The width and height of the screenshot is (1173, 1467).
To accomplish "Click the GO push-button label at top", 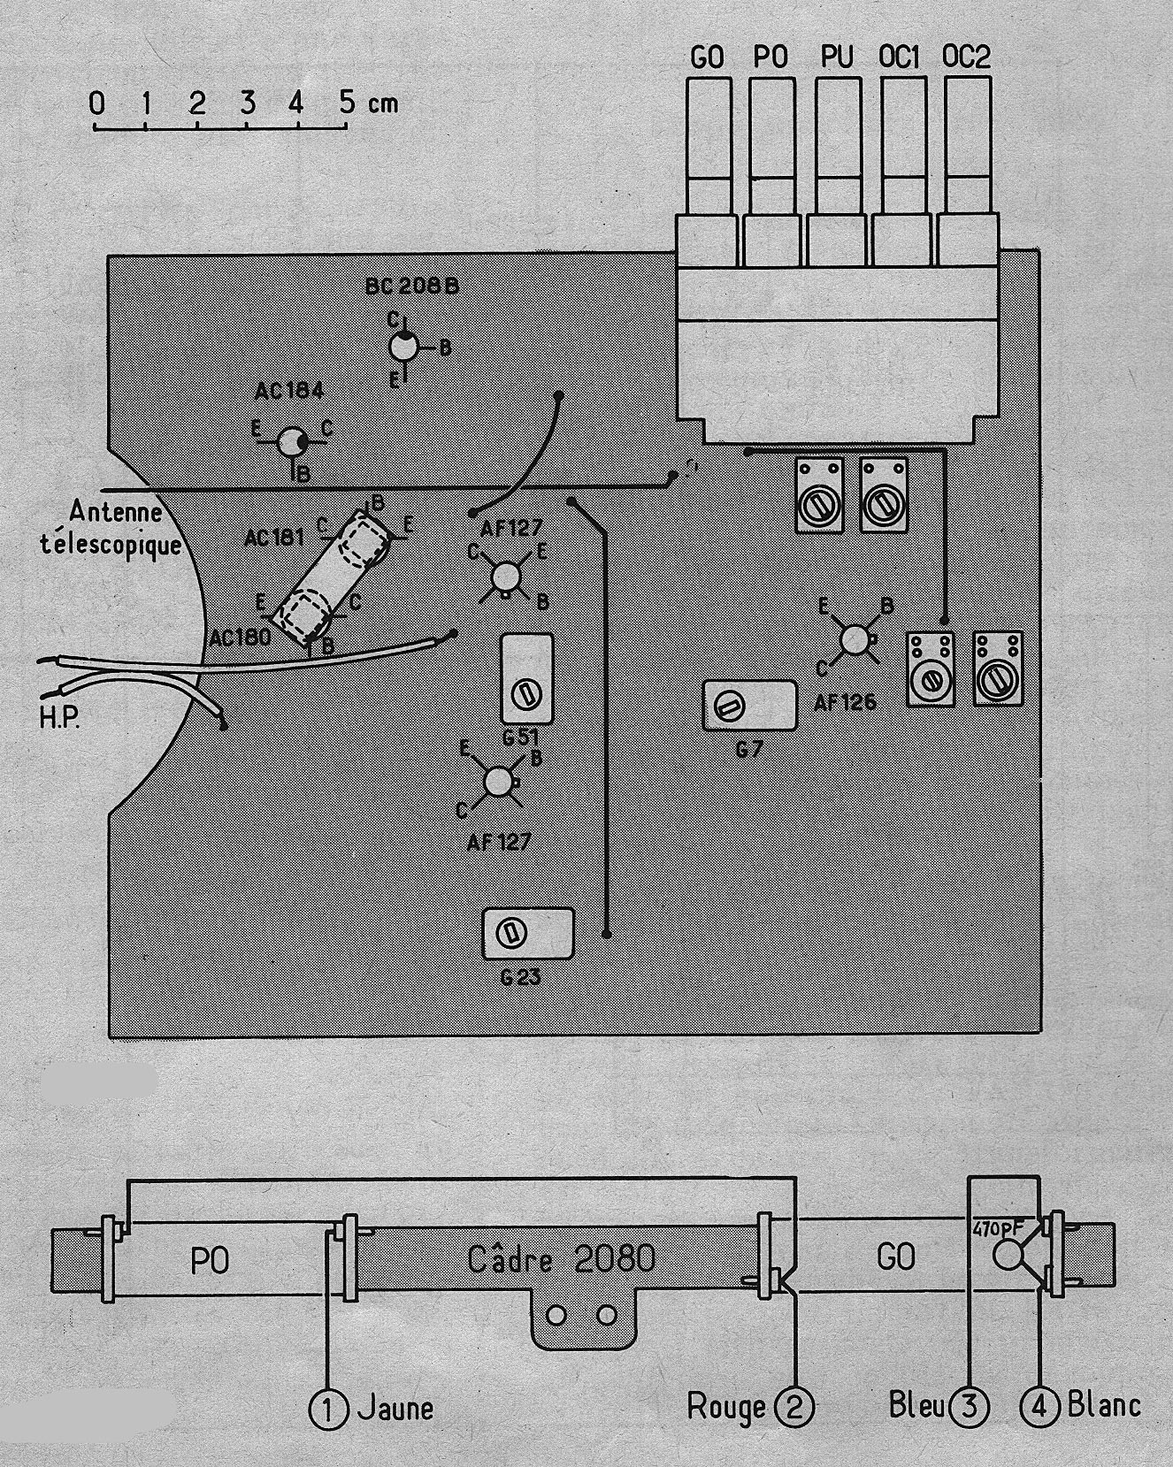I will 706,58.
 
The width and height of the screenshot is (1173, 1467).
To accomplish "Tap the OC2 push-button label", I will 966,57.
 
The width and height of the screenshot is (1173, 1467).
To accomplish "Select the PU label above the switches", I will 837,57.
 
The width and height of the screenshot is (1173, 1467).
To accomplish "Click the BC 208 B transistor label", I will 413,287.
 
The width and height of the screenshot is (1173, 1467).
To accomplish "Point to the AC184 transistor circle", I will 289,441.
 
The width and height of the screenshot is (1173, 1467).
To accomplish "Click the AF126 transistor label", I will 847,702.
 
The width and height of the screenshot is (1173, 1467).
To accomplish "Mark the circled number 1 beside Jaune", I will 327,1406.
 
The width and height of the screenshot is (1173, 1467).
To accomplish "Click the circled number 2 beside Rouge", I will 793,1406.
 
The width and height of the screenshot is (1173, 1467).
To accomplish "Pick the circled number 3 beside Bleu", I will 969,1404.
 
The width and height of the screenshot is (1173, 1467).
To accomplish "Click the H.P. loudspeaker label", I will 59,717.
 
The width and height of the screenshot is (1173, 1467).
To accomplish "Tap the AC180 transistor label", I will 241,637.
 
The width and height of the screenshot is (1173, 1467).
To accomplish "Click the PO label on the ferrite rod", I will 211,1260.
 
